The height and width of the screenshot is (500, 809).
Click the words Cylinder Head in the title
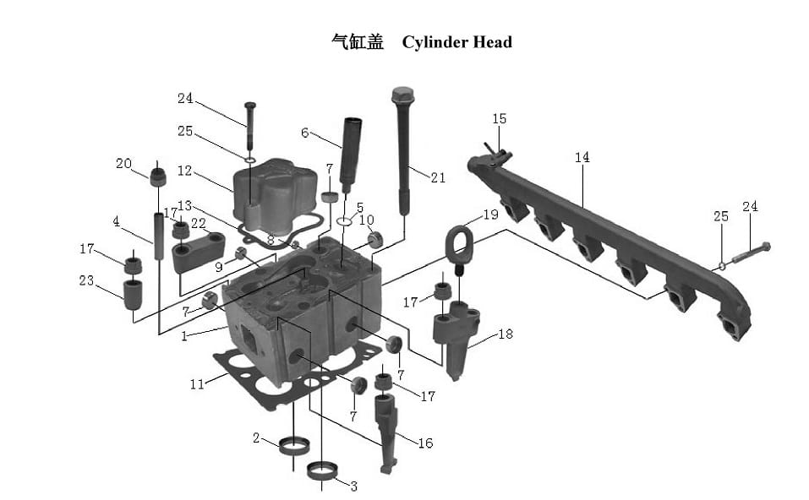click(456, 42)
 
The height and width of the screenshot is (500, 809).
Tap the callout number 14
click(582, 157)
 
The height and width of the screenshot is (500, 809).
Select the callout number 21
click(437, 177)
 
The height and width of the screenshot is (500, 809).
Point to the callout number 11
click(197, 384)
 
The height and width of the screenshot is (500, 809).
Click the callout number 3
click(353, 486)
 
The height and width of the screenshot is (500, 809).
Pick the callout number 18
click(505, 334)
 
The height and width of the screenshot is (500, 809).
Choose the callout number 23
click(87, 280)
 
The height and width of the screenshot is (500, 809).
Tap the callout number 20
click(124, 164)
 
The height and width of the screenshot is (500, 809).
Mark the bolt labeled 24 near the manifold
click(748, 252)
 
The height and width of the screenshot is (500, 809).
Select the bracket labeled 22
click(199, 252)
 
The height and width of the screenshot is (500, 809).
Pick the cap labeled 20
click(157, 177)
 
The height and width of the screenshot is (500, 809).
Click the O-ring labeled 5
click(344, 221)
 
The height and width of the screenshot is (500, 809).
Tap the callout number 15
click(500, 119)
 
